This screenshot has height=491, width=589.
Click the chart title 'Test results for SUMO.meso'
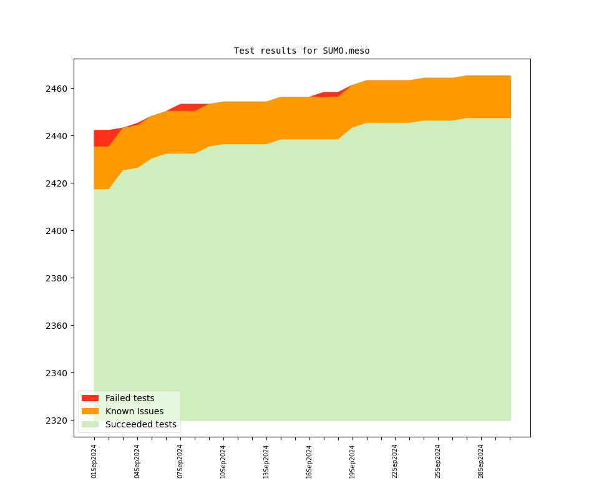[x=301, y=51]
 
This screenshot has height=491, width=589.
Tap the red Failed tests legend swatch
[x=90, y=398]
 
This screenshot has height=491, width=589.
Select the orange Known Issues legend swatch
[x=90, y=411]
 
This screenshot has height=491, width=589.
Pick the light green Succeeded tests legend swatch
[x=90, y=424]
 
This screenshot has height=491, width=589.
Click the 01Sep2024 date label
[x=94, y=461]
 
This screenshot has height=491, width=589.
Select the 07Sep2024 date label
[x=180, y=461]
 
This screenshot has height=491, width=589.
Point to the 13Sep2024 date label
[x=266, y=461]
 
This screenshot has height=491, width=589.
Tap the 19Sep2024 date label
[x=353, y=461]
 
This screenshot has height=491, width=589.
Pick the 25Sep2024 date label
[x=438, y=461]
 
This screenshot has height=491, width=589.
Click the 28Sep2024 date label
[x=481, y=461]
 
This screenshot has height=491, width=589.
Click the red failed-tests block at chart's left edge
[x=102, y=138]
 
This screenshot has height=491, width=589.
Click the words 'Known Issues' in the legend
[x=134, y=411]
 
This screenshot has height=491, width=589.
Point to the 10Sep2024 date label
[x=223, y=461]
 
